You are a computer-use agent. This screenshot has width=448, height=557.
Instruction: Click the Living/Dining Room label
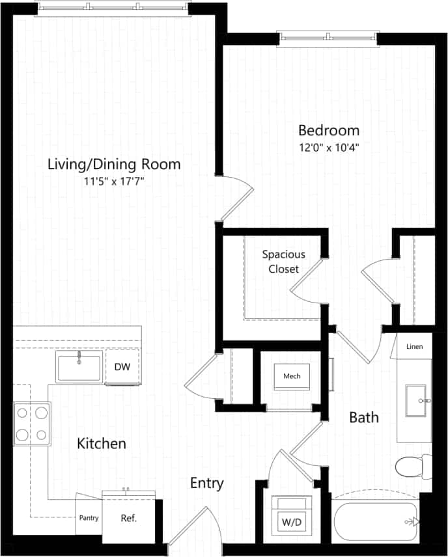coord(114,164)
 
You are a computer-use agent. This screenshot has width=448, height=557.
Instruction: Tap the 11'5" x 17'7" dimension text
coord(114,182)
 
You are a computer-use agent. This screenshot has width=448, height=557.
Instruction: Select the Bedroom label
coord(329,130)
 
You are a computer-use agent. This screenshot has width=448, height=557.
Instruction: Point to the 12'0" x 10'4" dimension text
coord(329,147)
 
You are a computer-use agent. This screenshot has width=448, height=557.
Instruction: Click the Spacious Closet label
coord(283,261)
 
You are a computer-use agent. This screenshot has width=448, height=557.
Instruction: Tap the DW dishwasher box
coord(122,367)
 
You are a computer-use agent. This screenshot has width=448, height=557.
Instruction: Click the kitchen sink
coord(79,368)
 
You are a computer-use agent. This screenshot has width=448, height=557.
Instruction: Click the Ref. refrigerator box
coord(128,518)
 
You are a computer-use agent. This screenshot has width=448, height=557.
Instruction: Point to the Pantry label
coord(89,519)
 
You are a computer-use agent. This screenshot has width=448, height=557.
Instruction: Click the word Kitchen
coord(102,444)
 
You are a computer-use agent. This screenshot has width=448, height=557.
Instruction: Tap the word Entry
coord(206,483)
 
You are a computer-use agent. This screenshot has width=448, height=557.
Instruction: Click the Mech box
coord(292,375)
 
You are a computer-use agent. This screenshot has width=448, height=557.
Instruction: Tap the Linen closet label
coord(414,346)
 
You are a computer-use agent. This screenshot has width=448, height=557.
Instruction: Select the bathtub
coord(376,521)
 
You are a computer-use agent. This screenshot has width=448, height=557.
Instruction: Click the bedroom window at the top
coord(328,37)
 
